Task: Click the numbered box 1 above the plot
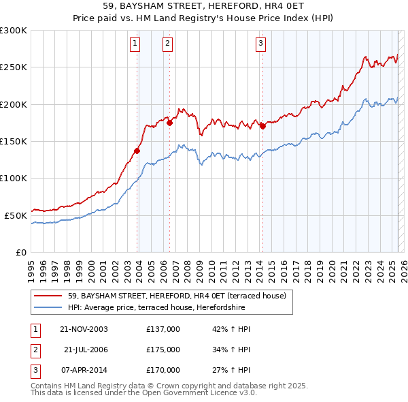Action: click(x=135, y=44)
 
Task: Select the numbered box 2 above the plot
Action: click(x=167, y=44)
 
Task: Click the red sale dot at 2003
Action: click(x=137, y=151)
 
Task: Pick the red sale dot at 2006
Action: click(x=169, y=123)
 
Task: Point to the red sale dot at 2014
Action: click(x=262, y=126)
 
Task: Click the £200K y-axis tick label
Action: click(x=14, y=104)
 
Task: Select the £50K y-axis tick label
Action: click(x=16, y=215)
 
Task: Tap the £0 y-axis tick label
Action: click(x=21, y=252)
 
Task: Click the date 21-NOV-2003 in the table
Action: click(x=84, y=329)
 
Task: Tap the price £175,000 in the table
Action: click(x=163, y=350)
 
